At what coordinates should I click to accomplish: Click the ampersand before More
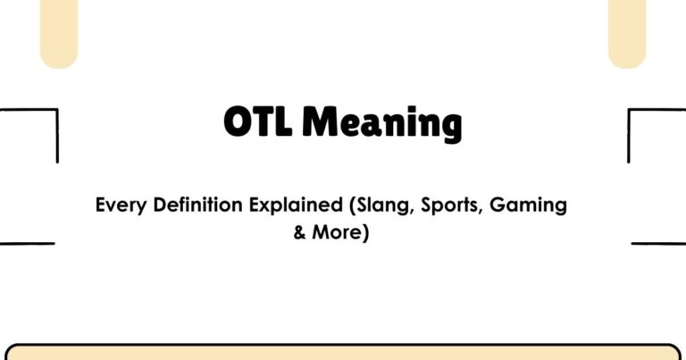coord(299,235)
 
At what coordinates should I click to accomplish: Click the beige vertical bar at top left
coord(59,31)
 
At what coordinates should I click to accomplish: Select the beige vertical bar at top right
coord(627,31)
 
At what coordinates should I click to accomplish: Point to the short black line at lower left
coord(27,243)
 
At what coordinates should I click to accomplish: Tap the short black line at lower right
coord(658,243)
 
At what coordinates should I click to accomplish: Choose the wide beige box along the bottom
coord(343,352)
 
